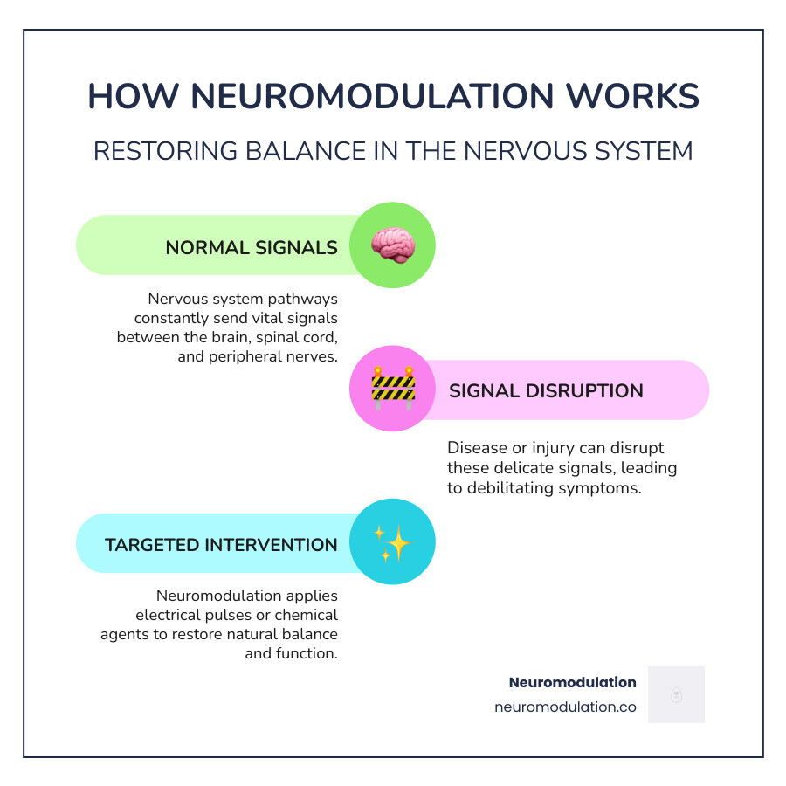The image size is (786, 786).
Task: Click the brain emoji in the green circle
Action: click(392, 245)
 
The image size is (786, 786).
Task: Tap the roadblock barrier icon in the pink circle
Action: click(392, 389)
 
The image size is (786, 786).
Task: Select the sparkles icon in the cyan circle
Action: click(392, 542)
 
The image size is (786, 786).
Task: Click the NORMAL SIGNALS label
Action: click(252, 247)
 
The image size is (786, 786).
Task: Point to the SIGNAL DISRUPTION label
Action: click(546, 390)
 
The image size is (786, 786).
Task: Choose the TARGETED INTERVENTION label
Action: click(221, 545)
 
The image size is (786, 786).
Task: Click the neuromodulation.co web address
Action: click(565, 707)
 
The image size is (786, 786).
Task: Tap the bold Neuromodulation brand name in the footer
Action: click(572, 682)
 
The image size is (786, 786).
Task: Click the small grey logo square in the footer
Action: click(676, 694)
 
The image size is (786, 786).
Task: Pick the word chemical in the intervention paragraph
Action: click(307, 614)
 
